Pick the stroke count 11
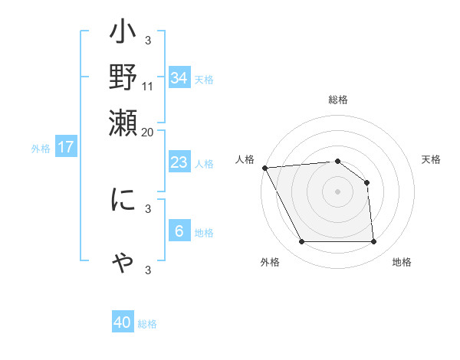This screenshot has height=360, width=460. point(148,85)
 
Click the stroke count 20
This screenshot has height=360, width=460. point(148,132)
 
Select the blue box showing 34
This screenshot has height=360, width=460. point(179,77)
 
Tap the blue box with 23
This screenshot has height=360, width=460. point(179,162)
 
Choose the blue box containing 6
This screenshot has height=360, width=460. point(179,231)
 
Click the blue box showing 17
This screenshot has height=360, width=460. point(65,147)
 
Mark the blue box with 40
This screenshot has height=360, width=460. point(123,322)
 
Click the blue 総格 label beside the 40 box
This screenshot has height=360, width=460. point(147,324)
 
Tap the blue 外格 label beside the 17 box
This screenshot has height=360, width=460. point(41,149)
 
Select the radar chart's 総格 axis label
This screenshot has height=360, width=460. point(338,100)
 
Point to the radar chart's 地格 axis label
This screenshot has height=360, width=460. point(402,262)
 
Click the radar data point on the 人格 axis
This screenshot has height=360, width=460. point(264,167)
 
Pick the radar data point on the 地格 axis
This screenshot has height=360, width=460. point(374,242)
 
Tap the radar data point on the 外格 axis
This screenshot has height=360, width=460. point(301,242)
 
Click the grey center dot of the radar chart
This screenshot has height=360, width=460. point(338,191)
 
